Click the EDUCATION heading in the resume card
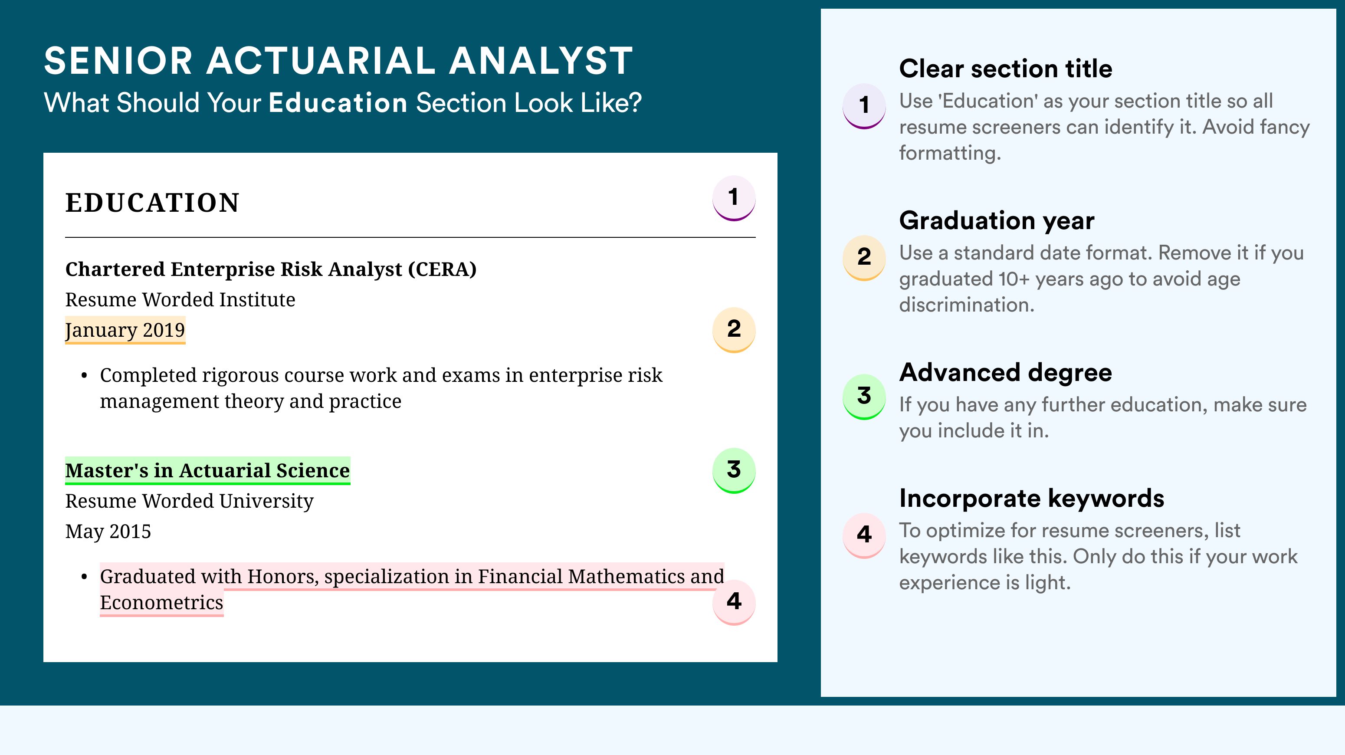152,203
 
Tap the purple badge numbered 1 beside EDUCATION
734,198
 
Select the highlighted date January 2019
125,330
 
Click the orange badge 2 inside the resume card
734,329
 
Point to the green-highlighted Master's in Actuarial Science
207,470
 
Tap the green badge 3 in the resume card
734,470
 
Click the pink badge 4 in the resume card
734,602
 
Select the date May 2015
108,531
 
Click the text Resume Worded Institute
180,300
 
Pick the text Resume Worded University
189,501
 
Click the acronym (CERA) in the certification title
442,269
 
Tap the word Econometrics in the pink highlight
161,603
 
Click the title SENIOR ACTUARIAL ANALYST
338,61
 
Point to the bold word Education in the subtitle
338,102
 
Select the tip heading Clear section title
1006,69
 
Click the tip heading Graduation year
997,220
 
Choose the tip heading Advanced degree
1006,372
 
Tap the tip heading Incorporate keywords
1032,498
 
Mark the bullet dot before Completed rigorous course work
84,376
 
